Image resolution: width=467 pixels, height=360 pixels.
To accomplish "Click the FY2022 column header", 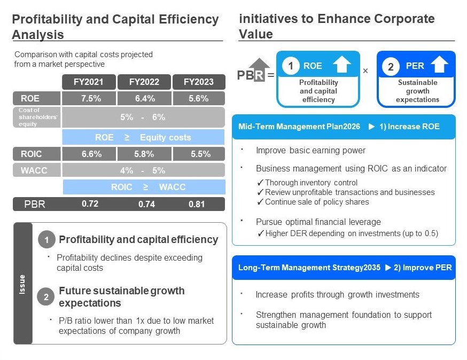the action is click(x=144, y=82).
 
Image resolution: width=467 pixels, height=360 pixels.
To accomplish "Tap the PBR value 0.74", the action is click(x=146, y=204).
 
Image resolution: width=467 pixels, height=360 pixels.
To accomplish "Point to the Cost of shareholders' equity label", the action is click(x=37, y=117).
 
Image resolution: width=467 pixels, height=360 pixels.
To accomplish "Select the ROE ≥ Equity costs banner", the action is click(x=143, y=137).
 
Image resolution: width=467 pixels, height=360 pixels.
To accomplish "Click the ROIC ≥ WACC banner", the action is click(x=144, y=187).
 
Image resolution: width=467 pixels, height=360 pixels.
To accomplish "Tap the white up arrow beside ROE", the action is click(x=341, y=64).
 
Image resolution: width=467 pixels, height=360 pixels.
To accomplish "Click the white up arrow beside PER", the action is click(x=439, y=64).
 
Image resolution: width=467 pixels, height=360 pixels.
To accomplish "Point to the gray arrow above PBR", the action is click(x=259, y=69).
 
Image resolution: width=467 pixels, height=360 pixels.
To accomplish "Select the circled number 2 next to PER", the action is click(x=391, y=66).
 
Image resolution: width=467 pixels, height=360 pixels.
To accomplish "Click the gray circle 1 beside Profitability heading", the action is click(x=46, y=240).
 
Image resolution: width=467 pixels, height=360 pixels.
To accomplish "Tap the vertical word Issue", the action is click(x=22, y=284).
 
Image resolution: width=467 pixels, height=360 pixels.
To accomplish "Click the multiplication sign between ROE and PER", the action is click(x=365, y=71).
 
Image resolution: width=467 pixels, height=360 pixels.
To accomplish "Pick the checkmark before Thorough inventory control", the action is click(x=260, y=183).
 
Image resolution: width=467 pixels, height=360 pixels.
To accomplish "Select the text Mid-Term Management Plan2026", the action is click(x=299, y=127).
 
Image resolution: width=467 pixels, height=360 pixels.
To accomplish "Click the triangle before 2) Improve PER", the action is click(x=388, y=268).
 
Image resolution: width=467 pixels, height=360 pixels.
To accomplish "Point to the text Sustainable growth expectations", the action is click(x=417, y=91).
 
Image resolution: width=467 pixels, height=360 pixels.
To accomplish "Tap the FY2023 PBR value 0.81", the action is click(x=197, y=204).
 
